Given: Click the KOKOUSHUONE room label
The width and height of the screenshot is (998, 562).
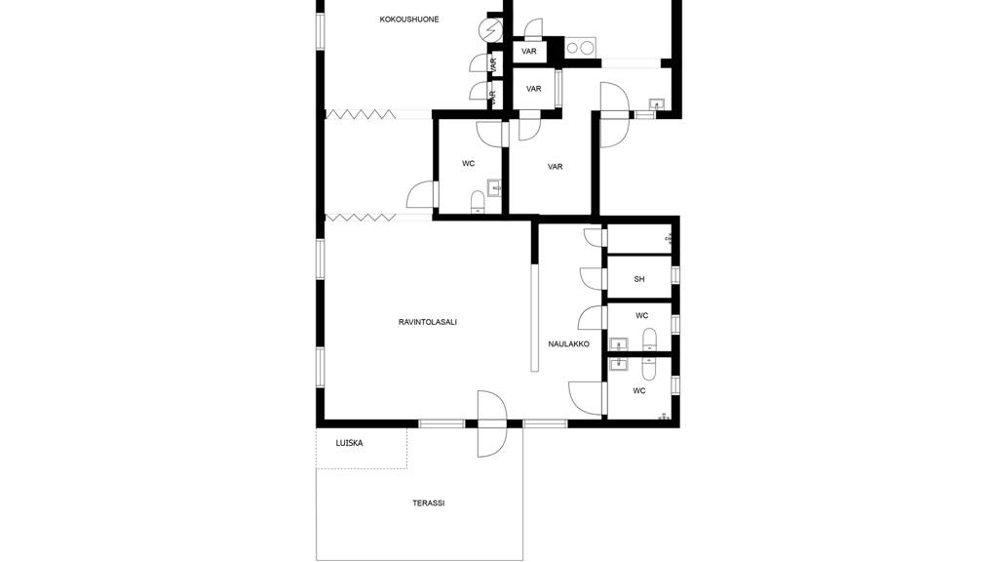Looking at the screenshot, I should point(409,20).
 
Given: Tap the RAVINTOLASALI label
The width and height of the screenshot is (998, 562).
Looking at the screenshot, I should point(428,322).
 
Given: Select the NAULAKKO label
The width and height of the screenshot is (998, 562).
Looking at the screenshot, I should point(568,343).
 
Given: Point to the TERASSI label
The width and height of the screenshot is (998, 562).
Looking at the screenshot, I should point(429,503).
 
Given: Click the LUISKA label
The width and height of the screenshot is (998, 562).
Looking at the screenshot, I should point(349,443).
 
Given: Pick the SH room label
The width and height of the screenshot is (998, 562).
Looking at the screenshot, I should point(639,279).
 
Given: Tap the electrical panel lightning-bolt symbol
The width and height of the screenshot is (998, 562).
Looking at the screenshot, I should point(489,32).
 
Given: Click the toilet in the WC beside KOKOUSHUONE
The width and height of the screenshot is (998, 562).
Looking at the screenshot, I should point(478,202).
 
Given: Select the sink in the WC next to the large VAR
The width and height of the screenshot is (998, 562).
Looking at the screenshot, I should point(494,186).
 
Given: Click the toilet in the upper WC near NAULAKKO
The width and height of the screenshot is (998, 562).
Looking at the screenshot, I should point(650,339).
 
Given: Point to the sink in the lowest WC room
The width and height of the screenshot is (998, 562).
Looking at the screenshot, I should point(617,363).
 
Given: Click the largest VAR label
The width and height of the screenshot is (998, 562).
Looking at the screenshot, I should point(555,167).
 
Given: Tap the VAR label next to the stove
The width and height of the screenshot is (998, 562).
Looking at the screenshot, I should point(529,51).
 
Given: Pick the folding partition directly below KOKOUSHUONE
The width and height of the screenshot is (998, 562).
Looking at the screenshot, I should point(361,115).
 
